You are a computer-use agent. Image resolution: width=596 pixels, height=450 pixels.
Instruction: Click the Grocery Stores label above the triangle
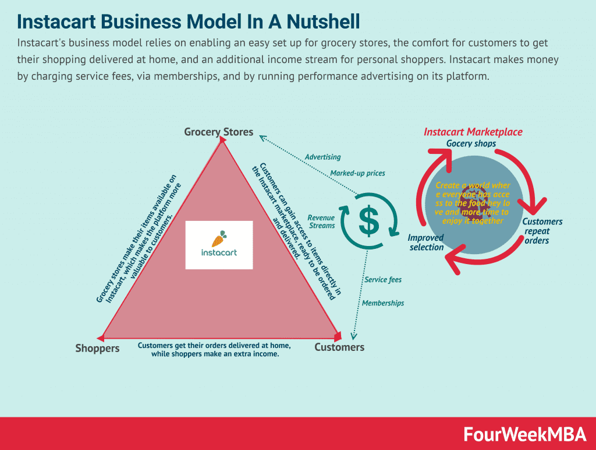218,132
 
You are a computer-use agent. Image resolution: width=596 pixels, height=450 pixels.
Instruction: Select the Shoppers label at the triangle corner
97,348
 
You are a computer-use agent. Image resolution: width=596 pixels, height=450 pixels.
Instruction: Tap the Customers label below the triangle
339,347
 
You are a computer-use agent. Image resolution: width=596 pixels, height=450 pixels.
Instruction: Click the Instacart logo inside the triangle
219,245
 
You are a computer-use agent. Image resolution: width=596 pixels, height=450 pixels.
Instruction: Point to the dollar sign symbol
368,219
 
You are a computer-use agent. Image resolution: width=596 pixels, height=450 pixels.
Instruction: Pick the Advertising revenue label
322,157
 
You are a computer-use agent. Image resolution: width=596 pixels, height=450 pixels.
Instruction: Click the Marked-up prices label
357,173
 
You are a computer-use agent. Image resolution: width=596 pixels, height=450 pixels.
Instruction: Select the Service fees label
382,280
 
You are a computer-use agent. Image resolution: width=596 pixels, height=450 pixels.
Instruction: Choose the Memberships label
382,303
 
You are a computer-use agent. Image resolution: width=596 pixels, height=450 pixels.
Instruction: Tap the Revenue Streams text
321,222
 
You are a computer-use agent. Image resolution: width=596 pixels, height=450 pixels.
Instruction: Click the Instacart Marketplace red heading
473,132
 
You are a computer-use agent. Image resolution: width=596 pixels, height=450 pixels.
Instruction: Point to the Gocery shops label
471,143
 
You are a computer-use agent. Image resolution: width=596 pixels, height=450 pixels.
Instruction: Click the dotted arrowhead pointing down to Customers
354,335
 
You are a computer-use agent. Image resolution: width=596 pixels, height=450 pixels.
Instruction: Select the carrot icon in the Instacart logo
219,238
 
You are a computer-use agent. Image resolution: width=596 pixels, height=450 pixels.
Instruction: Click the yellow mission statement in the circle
472,203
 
